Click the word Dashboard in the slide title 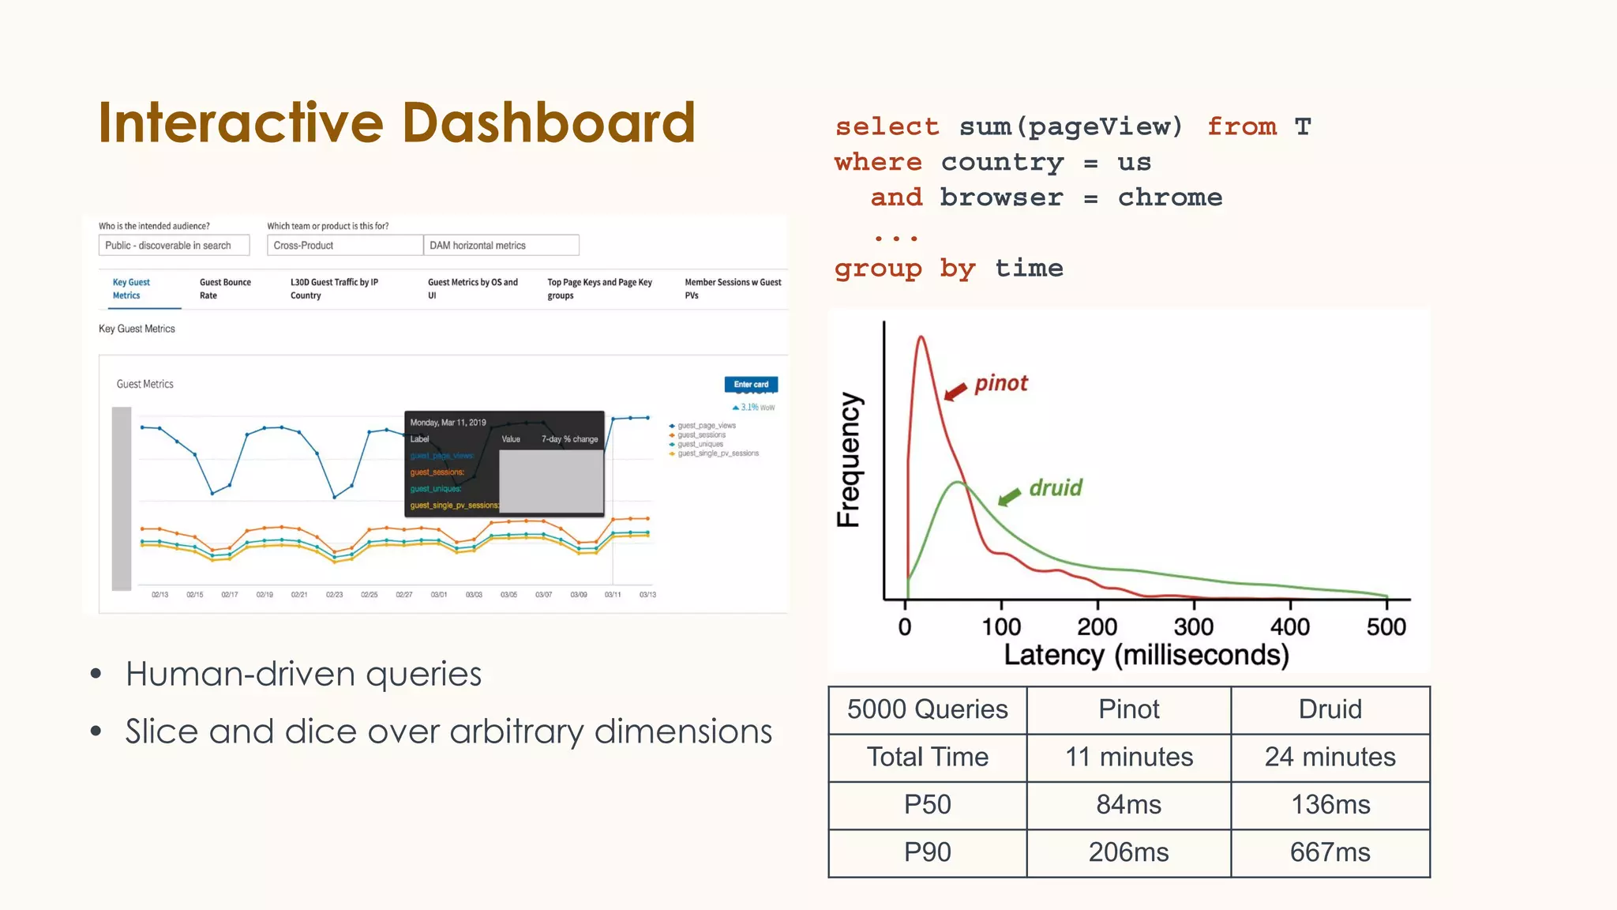coord(548,123)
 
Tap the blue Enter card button coord(751,385)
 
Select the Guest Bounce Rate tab coord(225,288)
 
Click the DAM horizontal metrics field coord(501,246)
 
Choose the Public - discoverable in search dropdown coord(174,246)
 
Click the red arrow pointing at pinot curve coord(956,391)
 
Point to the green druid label coord(1056,488)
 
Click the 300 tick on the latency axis coord(1193,627)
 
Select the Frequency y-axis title coord(849,460)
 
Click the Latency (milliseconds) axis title coord(1146,656)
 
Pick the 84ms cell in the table coord(1128,805)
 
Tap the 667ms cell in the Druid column coord(1330,852)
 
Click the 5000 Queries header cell coord(927,709)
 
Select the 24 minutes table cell coord(1330,757)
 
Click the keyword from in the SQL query coord(1242,126)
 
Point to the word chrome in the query coord(1169,197)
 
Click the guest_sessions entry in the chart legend coord(701,435)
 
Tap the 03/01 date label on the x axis coord(439,595)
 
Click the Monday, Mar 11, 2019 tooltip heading coord(448,423)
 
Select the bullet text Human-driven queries coord(303,675)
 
